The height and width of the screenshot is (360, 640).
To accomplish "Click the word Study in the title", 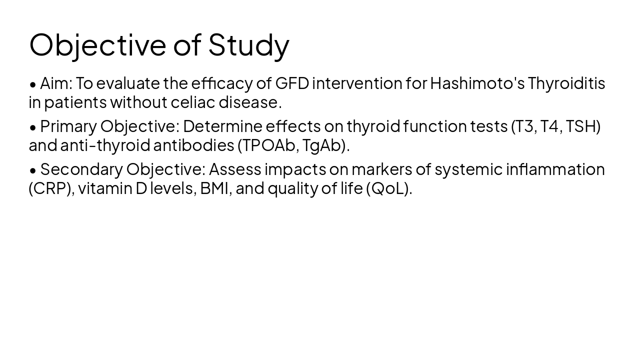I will (x=248, y=45).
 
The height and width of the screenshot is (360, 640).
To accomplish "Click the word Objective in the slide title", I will (x=97, y=45).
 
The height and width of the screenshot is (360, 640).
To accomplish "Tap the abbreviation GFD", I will (x=292, y=83).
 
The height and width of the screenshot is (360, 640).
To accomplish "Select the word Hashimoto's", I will (x=477, y=83).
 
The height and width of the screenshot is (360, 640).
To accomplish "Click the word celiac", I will (x=193, y=102).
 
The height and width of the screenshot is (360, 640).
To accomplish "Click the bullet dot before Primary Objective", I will (x=33, y=127).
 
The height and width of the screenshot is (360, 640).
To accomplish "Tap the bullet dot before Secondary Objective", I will (x=33, y=170).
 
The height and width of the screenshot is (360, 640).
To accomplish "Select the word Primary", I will (x=68, y=126).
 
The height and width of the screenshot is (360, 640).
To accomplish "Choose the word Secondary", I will (x=81, y=169).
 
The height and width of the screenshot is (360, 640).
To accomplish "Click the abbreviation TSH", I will (x=581, y=126).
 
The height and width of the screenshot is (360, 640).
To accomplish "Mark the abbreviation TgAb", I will (x=321, y=145).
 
